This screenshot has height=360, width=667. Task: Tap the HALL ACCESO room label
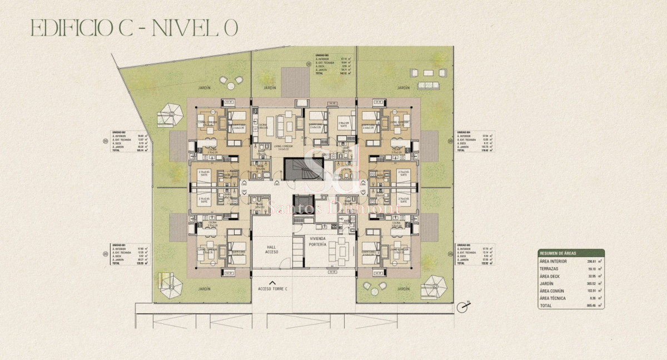[x=271, y=249]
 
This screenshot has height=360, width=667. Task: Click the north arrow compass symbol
[x=462, y=306]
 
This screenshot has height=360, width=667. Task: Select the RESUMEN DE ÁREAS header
[x=571, y=252]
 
